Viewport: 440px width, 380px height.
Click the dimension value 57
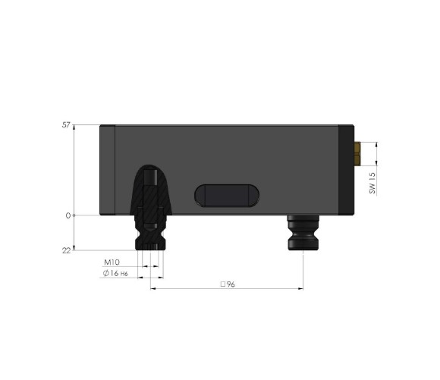[66, 124]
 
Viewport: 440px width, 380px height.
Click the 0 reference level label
[68, 215]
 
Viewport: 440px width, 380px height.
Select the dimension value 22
[66, 250]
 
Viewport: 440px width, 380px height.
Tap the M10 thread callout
[112, 262]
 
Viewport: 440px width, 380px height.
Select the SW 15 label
[372, 183]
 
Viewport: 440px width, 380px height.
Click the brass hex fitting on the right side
[357, 152]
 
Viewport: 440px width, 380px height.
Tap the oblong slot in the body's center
[227, 196]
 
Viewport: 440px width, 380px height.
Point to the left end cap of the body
[107, 170]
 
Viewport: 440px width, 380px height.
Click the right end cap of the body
[347, 170]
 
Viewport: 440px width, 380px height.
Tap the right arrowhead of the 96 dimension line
[300, 289]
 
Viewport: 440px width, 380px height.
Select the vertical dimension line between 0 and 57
[74, 170]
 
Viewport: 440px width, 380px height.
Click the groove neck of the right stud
[303, 231]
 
